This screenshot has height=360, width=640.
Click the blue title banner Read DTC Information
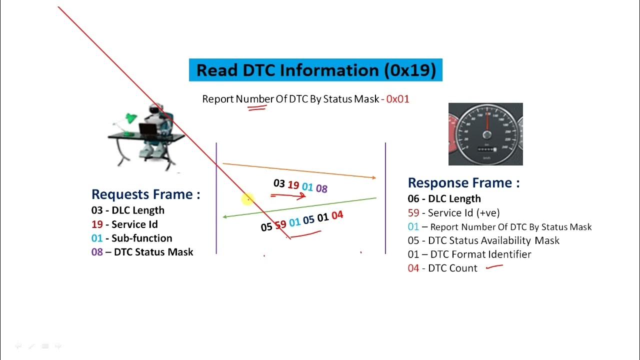(x=315, y=70)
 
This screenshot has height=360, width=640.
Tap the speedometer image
(x=485, y=134)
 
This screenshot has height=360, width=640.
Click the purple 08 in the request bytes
(x=321, y=188)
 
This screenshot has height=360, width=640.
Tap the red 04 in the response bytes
(x=337, y=215)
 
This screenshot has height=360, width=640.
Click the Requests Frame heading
(x=145, y=194)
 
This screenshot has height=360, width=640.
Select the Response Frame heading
(x=463, y=183)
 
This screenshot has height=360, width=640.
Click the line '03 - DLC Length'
(x=128, y=210)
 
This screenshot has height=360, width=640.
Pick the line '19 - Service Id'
(x=124, y=224)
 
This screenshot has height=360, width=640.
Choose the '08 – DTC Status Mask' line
(x=142, y=252)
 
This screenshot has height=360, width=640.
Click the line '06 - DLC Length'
(x=444, y=199)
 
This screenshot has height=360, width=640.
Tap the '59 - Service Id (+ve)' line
(x=453, y=213)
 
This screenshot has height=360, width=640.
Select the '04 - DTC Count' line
(x=442, y=268)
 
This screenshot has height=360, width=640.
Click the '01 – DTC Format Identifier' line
(x=469, y=254)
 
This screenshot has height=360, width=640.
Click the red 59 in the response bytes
(x=280, y=225)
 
